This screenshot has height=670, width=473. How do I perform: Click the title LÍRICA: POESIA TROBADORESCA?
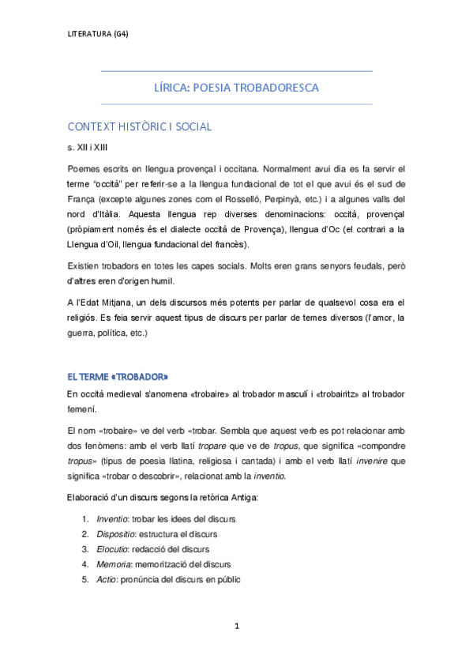coord(236,88)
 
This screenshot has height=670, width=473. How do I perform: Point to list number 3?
coord(84,549)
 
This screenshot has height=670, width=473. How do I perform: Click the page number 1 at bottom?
coord(236,627)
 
